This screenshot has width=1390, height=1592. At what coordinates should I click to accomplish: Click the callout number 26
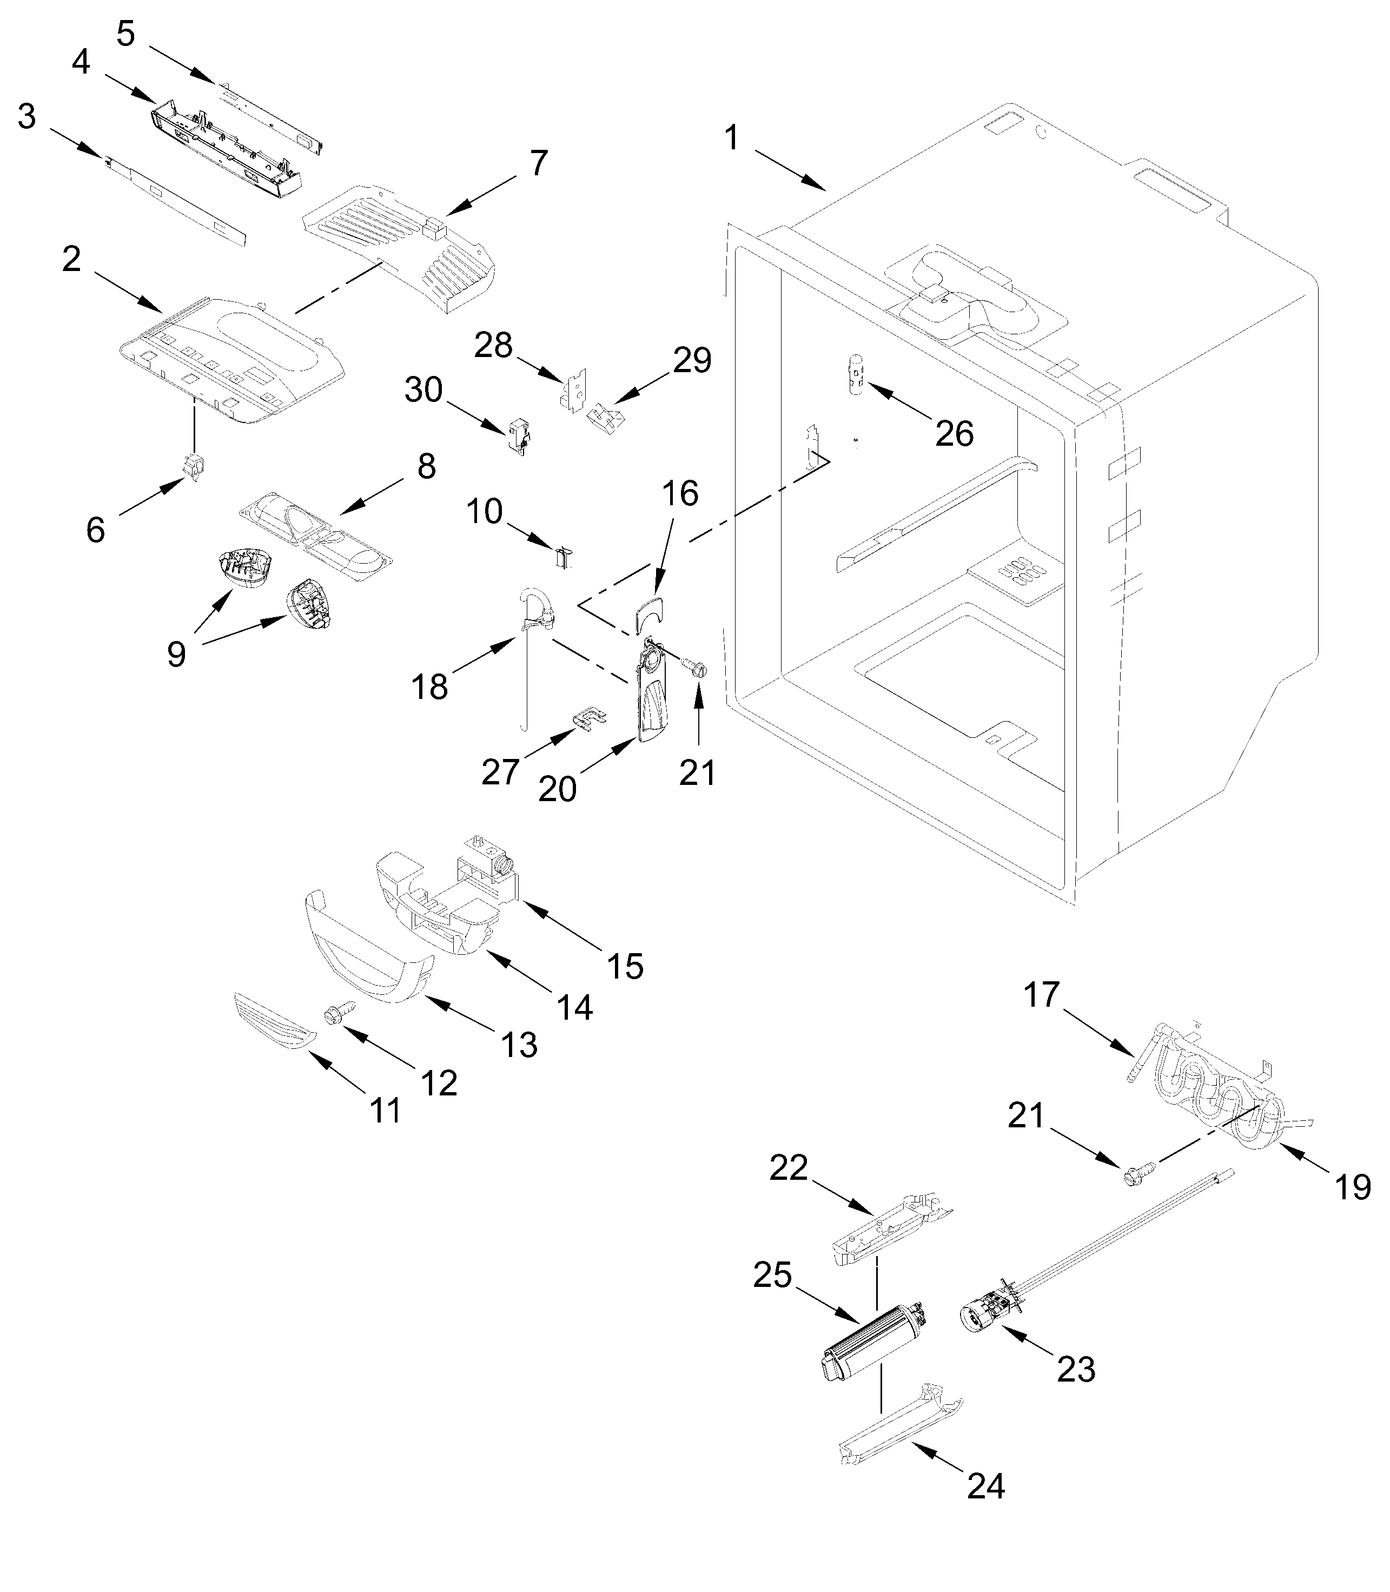(954, 434)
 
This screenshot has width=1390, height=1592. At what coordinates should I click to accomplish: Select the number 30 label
(423, 390)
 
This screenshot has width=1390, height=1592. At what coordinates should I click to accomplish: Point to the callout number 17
(1041, 993)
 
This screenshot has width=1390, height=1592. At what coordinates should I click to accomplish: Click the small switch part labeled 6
(191, 467)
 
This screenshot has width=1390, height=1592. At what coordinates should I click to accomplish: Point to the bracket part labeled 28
(574, 390)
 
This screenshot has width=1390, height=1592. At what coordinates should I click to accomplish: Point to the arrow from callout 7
(481, 194)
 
